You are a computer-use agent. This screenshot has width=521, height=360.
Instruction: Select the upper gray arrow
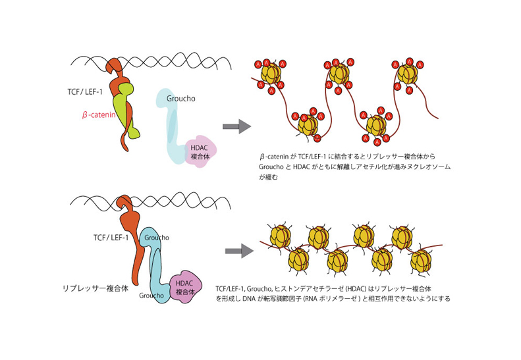[x=236, y=126]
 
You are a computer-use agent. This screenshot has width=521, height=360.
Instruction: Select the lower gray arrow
[x=239, y=251]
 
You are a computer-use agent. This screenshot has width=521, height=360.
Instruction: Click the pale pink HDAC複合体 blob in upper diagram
[x=198, y=152]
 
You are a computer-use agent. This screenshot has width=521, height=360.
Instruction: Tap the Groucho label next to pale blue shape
[x=180, y=99]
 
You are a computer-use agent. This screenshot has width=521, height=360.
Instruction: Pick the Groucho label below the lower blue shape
[x=151, y=296]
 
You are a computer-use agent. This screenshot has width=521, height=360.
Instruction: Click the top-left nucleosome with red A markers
[x=271, y=74]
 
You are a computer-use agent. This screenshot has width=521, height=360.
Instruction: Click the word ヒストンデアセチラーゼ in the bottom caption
[x=320, y=288]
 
